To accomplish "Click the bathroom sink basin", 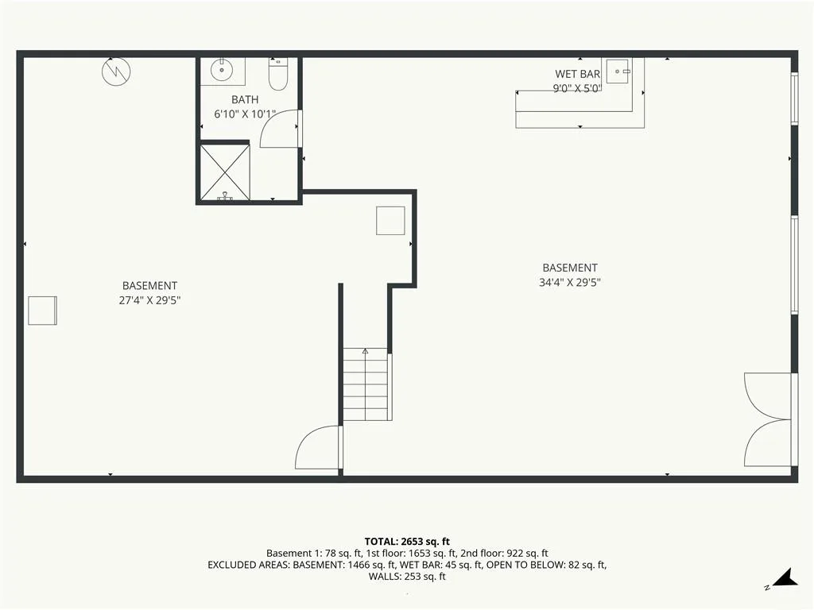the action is point(222,70).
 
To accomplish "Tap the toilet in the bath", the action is point(277,74).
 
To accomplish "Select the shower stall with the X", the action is point(225,172).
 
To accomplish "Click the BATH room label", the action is point(245,99).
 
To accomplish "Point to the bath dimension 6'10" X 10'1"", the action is point(245,114).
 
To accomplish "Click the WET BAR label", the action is point(577,74).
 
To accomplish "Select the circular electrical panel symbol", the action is point(116,71).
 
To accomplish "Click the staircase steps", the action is point(366,384).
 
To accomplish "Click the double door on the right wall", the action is point(769,419).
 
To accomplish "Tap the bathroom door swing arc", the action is point(279,129).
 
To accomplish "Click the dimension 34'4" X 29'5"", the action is point(570,283).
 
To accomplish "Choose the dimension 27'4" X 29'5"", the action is point(149,300).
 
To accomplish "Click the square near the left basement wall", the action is point(43,311).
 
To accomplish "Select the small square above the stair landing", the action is point(390,221).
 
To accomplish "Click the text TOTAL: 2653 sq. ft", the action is point(407,542).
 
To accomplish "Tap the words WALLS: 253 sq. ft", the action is point(407,577).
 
